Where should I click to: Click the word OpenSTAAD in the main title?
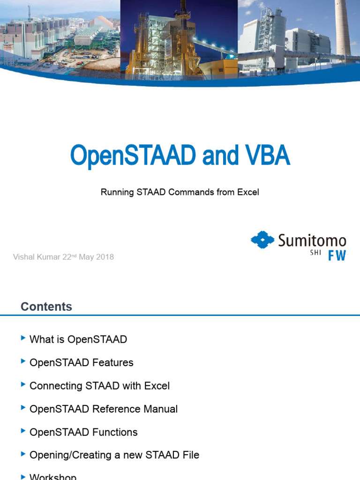tap(133, 156)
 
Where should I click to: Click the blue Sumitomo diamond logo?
tap(262, 240)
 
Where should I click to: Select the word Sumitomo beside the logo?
tap(312, 241)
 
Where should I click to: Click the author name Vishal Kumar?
tap(37, 257)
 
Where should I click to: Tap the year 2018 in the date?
tap(105, 257)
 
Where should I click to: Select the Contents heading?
tap(46, 307)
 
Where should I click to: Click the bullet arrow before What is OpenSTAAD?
tap(23, 338)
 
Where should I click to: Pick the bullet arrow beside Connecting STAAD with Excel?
tap(23, 384)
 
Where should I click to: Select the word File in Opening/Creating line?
tap(190, 455)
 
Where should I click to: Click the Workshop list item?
tap(52, 476)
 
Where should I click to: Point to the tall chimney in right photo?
tap(343, 28)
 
